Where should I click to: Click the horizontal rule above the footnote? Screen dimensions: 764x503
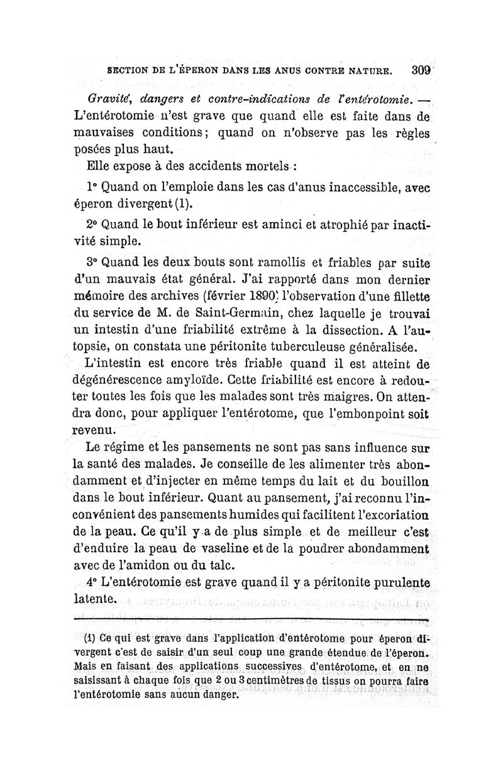(x=251, y=620)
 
